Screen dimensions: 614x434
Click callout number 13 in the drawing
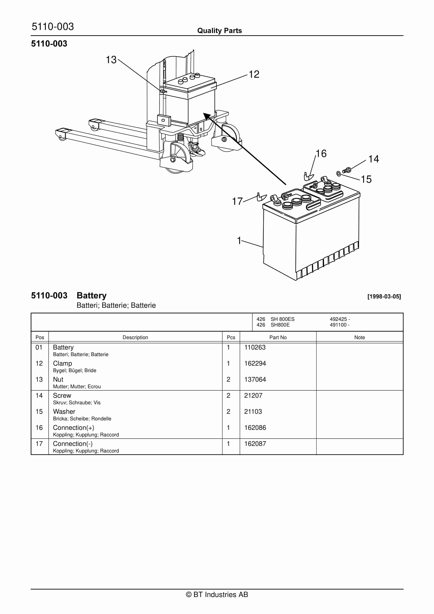point(111,60)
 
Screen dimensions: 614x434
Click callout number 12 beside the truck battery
point(254,74)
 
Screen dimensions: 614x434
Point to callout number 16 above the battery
point(321,153)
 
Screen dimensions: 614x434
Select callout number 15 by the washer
point(366,179)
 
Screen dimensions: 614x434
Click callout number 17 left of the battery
point(237,201)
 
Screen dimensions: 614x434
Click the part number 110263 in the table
point(255,347)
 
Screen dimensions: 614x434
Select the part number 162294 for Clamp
point(255,363)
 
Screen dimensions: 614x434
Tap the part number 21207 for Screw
point(253,396)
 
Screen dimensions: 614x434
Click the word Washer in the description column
point(64,412)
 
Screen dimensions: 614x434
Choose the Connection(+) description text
point(73,428)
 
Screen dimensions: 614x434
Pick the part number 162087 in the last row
point(255,444)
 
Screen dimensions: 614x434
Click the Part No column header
point(278,337)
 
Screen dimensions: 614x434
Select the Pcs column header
point(231,337)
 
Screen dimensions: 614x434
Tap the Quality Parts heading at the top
point(219,31)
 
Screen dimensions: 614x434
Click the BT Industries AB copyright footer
point(217,594)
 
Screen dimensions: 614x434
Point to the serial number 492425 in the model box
point(338,319)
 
